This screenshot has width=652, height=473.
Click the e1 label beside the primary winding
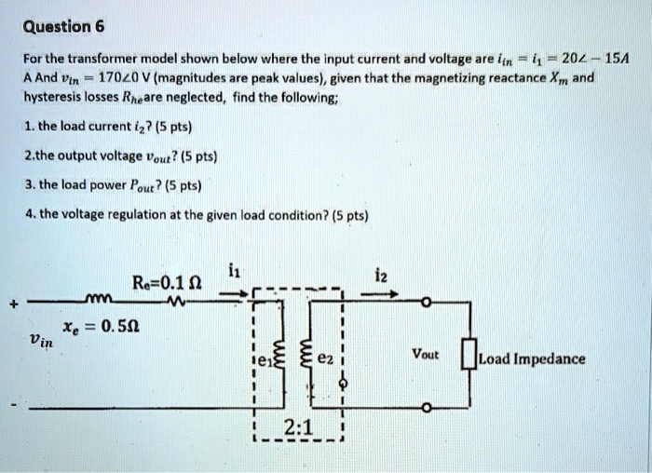point(265,364)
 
